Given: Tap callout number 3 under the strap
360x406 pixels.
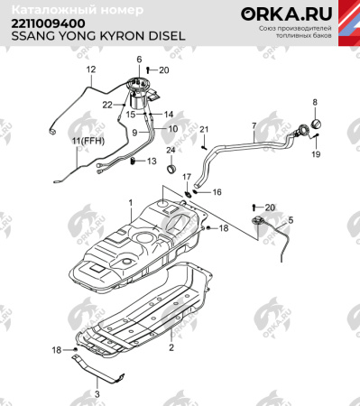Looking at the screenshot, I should click(98, 394).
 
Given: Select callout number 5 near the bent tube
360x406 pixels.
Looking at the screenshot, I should click(291, 220).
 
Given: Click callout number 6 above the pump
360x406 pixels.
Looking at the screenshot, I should click(139, 60).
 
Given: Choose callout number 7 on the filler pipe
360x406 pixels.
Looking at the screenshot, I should click(254, 125).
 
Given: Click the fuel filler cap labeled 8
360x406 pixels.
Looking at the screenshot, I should click(315, 124).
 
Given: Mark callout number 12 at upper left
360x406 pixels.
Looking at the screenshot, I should click(90, 69).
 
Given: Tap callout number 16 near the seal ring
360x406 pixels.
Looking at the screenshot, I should click(217, 192).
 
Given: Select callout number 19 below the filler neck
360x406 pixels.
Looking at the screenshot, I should click(317, 155).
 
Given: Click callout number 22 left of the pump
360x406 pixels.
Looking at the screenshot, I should click(106, 105).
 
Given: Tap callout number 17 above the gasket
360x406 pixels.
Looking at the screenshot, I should click(188, 177).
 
